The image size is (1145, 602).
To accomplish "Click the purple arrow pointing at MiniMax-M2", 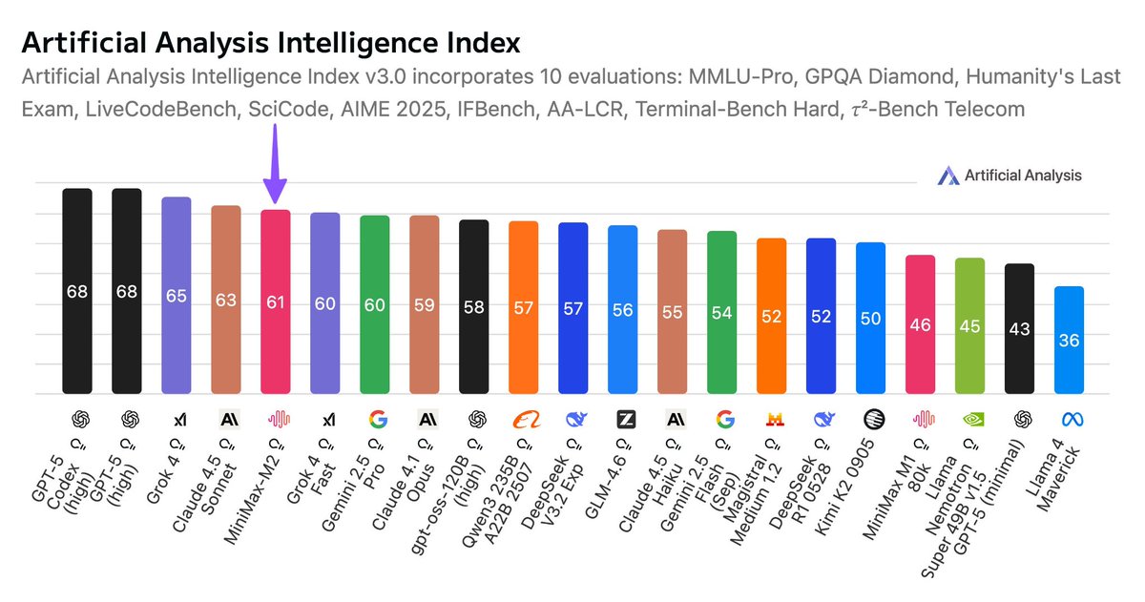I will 276,167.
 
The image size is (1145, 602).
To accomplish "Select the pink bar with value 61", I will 276,302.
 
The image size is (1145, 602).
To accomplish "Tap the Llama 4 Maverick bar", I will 1069,340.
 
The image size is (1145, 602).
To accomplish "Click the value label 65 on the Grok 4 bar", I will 177,296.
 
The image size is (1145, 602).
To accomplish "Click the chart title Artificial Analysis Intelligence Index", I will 271,43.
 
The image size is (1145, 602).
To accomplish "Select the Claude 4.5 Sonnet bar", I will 226,300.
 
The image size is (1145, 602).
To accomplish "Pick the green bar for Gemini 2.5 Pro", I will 375,304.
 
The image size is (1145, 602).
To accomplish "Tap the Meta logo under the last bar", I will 1069,419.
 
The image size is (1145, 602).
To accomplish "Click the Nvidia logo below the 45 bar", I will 969,419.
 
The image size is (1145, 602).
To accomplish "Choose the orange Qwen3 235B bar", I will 524,307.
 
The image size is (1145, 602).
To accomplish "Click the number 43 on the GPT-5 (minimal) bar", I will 1019,328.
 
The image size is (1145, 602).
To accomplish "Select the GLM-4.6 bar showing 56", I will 623,309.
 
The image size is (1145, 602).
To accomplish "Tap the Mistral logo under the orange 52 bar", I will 772,419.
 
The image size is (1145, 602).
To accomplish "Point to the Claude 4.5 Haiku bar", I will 673,311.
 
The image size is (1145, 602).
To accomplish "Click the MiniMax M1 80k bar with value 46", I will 920,324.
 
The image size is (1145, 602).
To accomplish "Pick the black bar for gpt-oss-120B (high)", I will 474,306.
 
